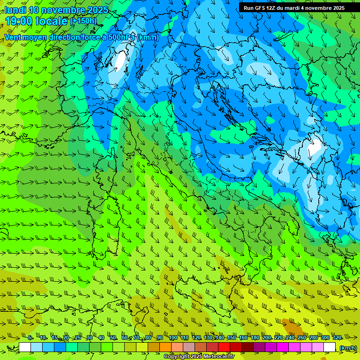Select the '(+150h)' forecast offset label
pyautogui.click(x=83, y=21)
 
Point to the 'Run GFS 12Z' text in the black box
pyautogui.click(x=261, y=8)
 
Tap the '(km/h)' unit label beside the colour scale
pyautogui.click(x=347, y=348)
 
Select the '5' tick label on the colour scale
pyautogui.click(x=30, y=338)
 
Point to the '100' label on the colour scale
pyautogui.click(x=173, y=338)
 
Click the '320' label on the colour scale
pyautogui.click(x=337, y=338)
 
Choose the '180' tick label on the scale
pyautogui.click(x=255, y=338)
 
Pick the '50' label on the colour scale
pyautogui.click(x=113, y=338)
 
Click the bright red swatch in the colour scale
pyautogui.click(x=224, y=347)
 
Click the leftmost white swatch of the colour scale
pyautogui.click(x=25, y=347)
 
